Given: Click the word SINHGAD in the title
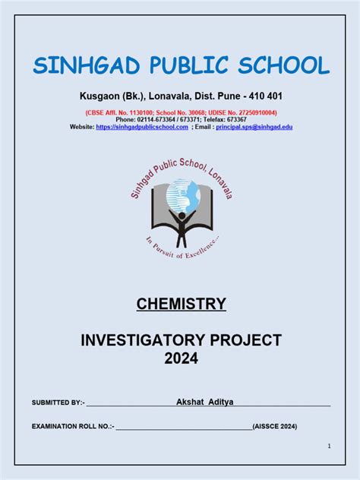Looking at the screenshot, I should click(x=82, y=66).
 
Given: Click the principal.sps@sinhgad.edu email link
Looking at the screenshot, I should click(x=254, y=127).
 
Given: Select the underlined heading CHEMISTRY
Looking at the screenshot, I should click(x=181, y=305).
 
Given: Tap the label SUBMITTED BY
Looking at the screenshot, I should click(x=58, y=402).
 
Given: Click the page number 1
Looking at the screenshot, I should click(x=328, y=446).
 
